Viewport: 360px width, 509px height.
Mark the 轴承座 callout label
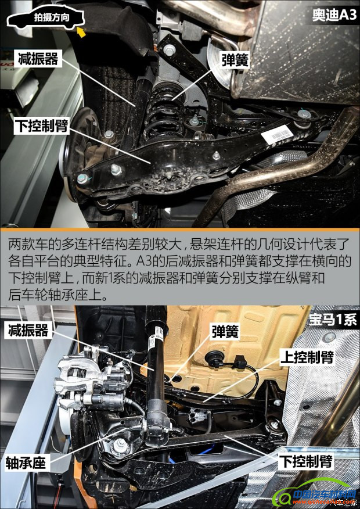coord(26,463)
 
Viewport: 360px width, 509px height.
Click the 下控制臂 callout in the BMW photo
coord(306,461)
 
